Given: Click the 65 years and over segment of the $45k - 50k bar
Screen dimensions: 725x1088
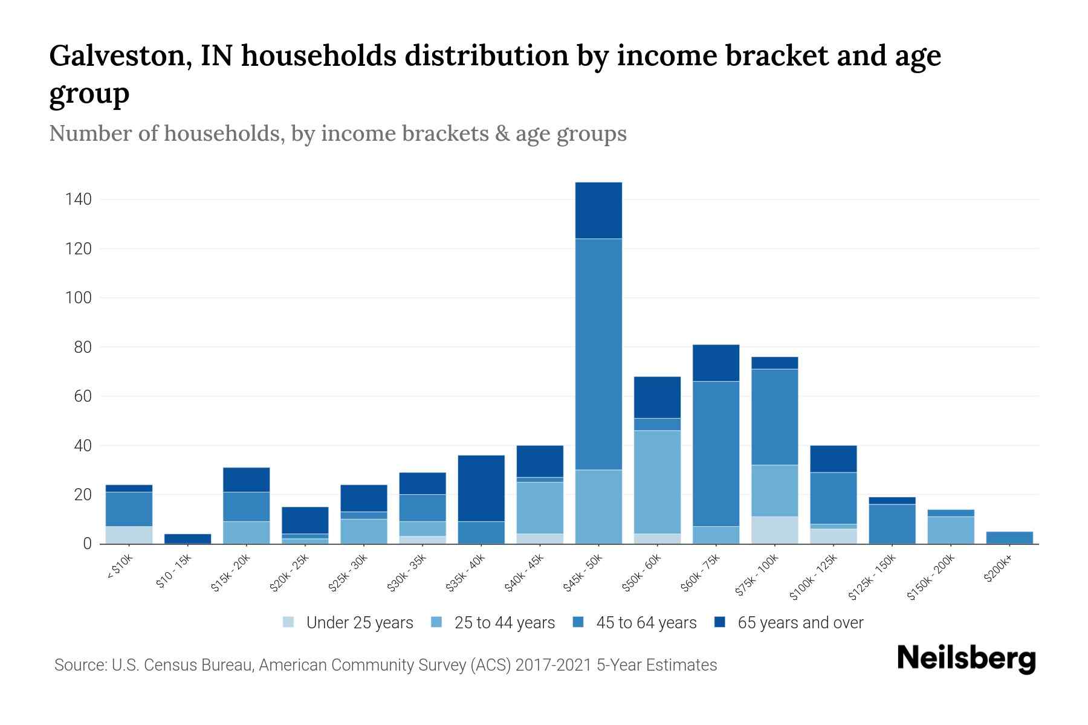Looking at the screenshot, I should [598, 210].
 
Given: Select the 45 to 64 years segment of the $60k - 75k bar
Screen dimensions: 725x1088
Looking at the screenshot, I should [716, 453].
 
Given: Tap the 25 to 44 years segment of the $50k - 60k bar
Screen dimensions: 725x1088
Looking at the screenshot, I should [657, 482].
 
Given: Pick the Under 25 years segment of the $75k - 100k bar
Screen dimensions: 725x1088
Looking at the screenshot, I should [774, 530].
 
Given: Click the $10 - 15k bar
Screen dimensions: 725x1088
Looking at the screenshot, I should [187, 539].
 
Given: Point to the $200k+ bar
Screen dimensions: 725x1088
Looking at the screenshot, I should [1009, 538].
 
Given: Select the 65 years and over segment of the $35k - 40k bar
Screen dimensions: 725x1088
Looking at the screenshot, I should [481, 488].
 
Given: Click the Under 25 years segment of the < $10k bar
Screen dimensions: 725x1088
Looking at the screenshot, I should [129, 535].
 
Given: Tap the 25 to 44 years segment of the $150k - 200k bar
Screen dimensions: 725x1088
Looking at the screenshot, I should [951, 530].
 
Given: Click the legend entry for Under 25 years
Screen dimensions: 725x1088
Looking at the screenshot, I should [359, 623].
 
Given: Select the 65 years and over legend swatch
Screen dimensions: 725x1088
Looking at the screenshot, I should [720, 622].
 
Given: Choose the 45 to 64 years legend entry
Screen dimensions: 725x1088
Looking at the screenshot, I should [646, 623].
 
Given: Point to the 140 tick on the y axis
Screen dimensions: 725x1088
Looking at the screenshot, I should [79, 199].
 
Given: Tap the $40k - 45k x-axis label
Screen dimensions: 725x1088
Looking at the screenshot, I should [525, 573].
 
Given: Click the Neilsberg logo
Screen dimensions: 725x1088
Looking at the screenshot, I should [966, 659].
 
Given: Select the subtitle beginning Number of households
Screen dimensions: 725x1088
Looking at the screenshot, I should [337, 134].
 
